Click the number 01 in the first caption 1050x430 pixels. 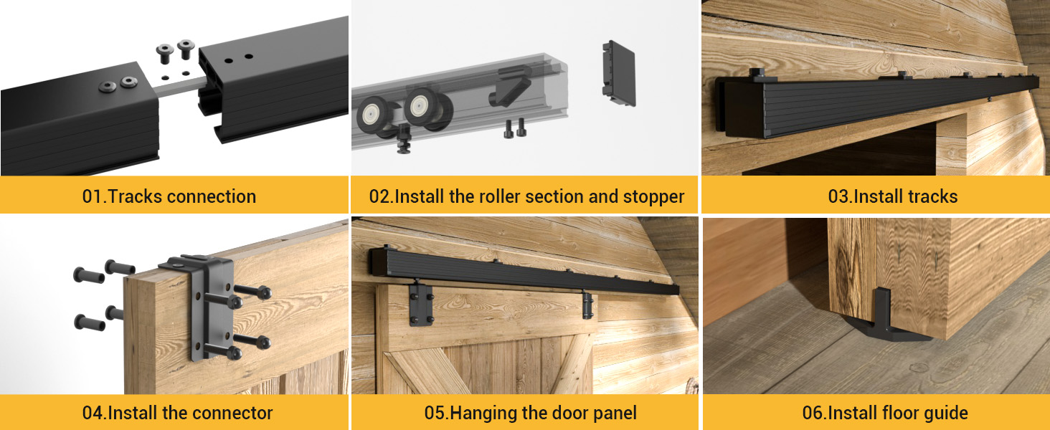click(93, 196)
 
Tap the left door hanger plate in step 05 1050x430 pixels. click(422, 304)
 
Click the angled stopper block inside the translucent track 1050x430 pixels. click(511, 89)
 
